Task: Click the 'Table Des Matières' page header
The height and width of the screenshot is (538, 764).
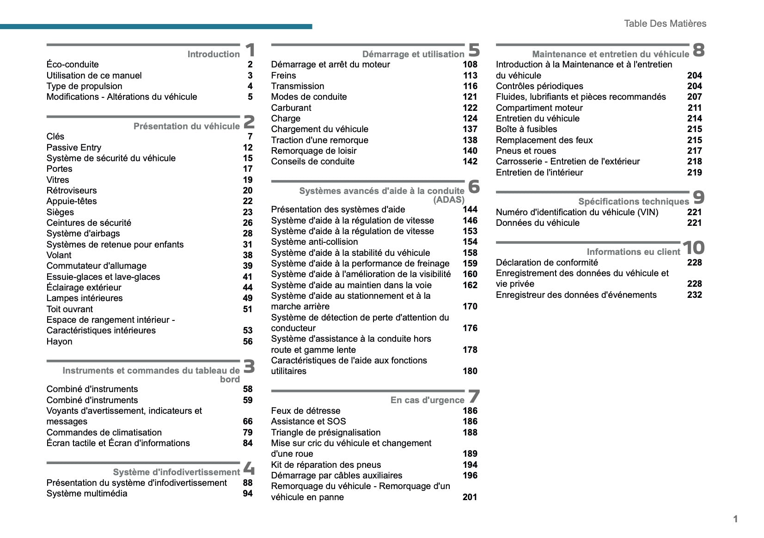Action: point(665,24)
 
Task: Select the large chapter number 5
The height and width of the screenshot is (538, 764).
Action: point(474,49)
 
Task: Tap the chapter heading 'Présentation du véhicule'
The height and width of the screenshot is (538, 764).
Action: point(186,126)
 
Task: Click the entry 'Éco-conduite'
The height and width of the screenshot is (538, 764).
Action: point(73,65)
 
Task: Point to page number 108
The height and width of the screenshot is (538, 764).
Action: point(470,65)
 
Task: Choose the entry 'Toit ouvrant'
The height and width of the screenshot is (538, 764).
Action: point(69,309)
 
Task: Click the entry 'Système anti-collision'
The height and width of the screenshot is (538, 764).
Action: point(314,242)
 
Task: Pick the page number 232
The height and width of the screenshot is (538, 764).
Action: point(694,295)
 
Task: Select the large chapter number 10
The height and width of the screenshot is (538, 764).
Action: point(693,248)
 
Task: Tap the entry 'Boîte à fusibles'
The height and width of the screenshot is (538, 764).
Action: point(526,129)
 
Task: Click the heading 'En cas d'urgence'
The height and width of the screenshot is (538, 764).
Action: point(427,400)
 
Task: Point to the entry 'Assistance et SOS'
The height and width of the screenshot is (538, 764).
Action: point(308,421)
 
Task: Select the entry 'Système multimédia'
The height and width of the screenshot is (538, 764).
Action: point(86,494)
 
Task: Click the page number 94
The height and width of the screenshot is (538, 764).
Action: point(248,494)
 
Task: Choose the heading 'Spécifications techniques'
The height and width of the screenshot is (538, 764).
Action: point(633,201)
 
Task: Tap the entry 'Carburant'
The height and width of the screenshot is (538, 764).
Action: point(291,108)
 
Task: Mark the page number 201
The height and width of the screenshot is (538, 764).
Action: point(470,497)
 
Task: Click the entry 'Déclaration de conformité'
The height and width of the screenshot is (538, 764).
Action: point(547,263)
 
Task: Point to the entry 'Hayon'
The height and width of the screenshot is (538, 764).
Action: point(59,341)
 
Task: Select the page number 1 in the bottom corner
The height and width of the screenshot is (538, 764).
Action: point(735,519)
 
